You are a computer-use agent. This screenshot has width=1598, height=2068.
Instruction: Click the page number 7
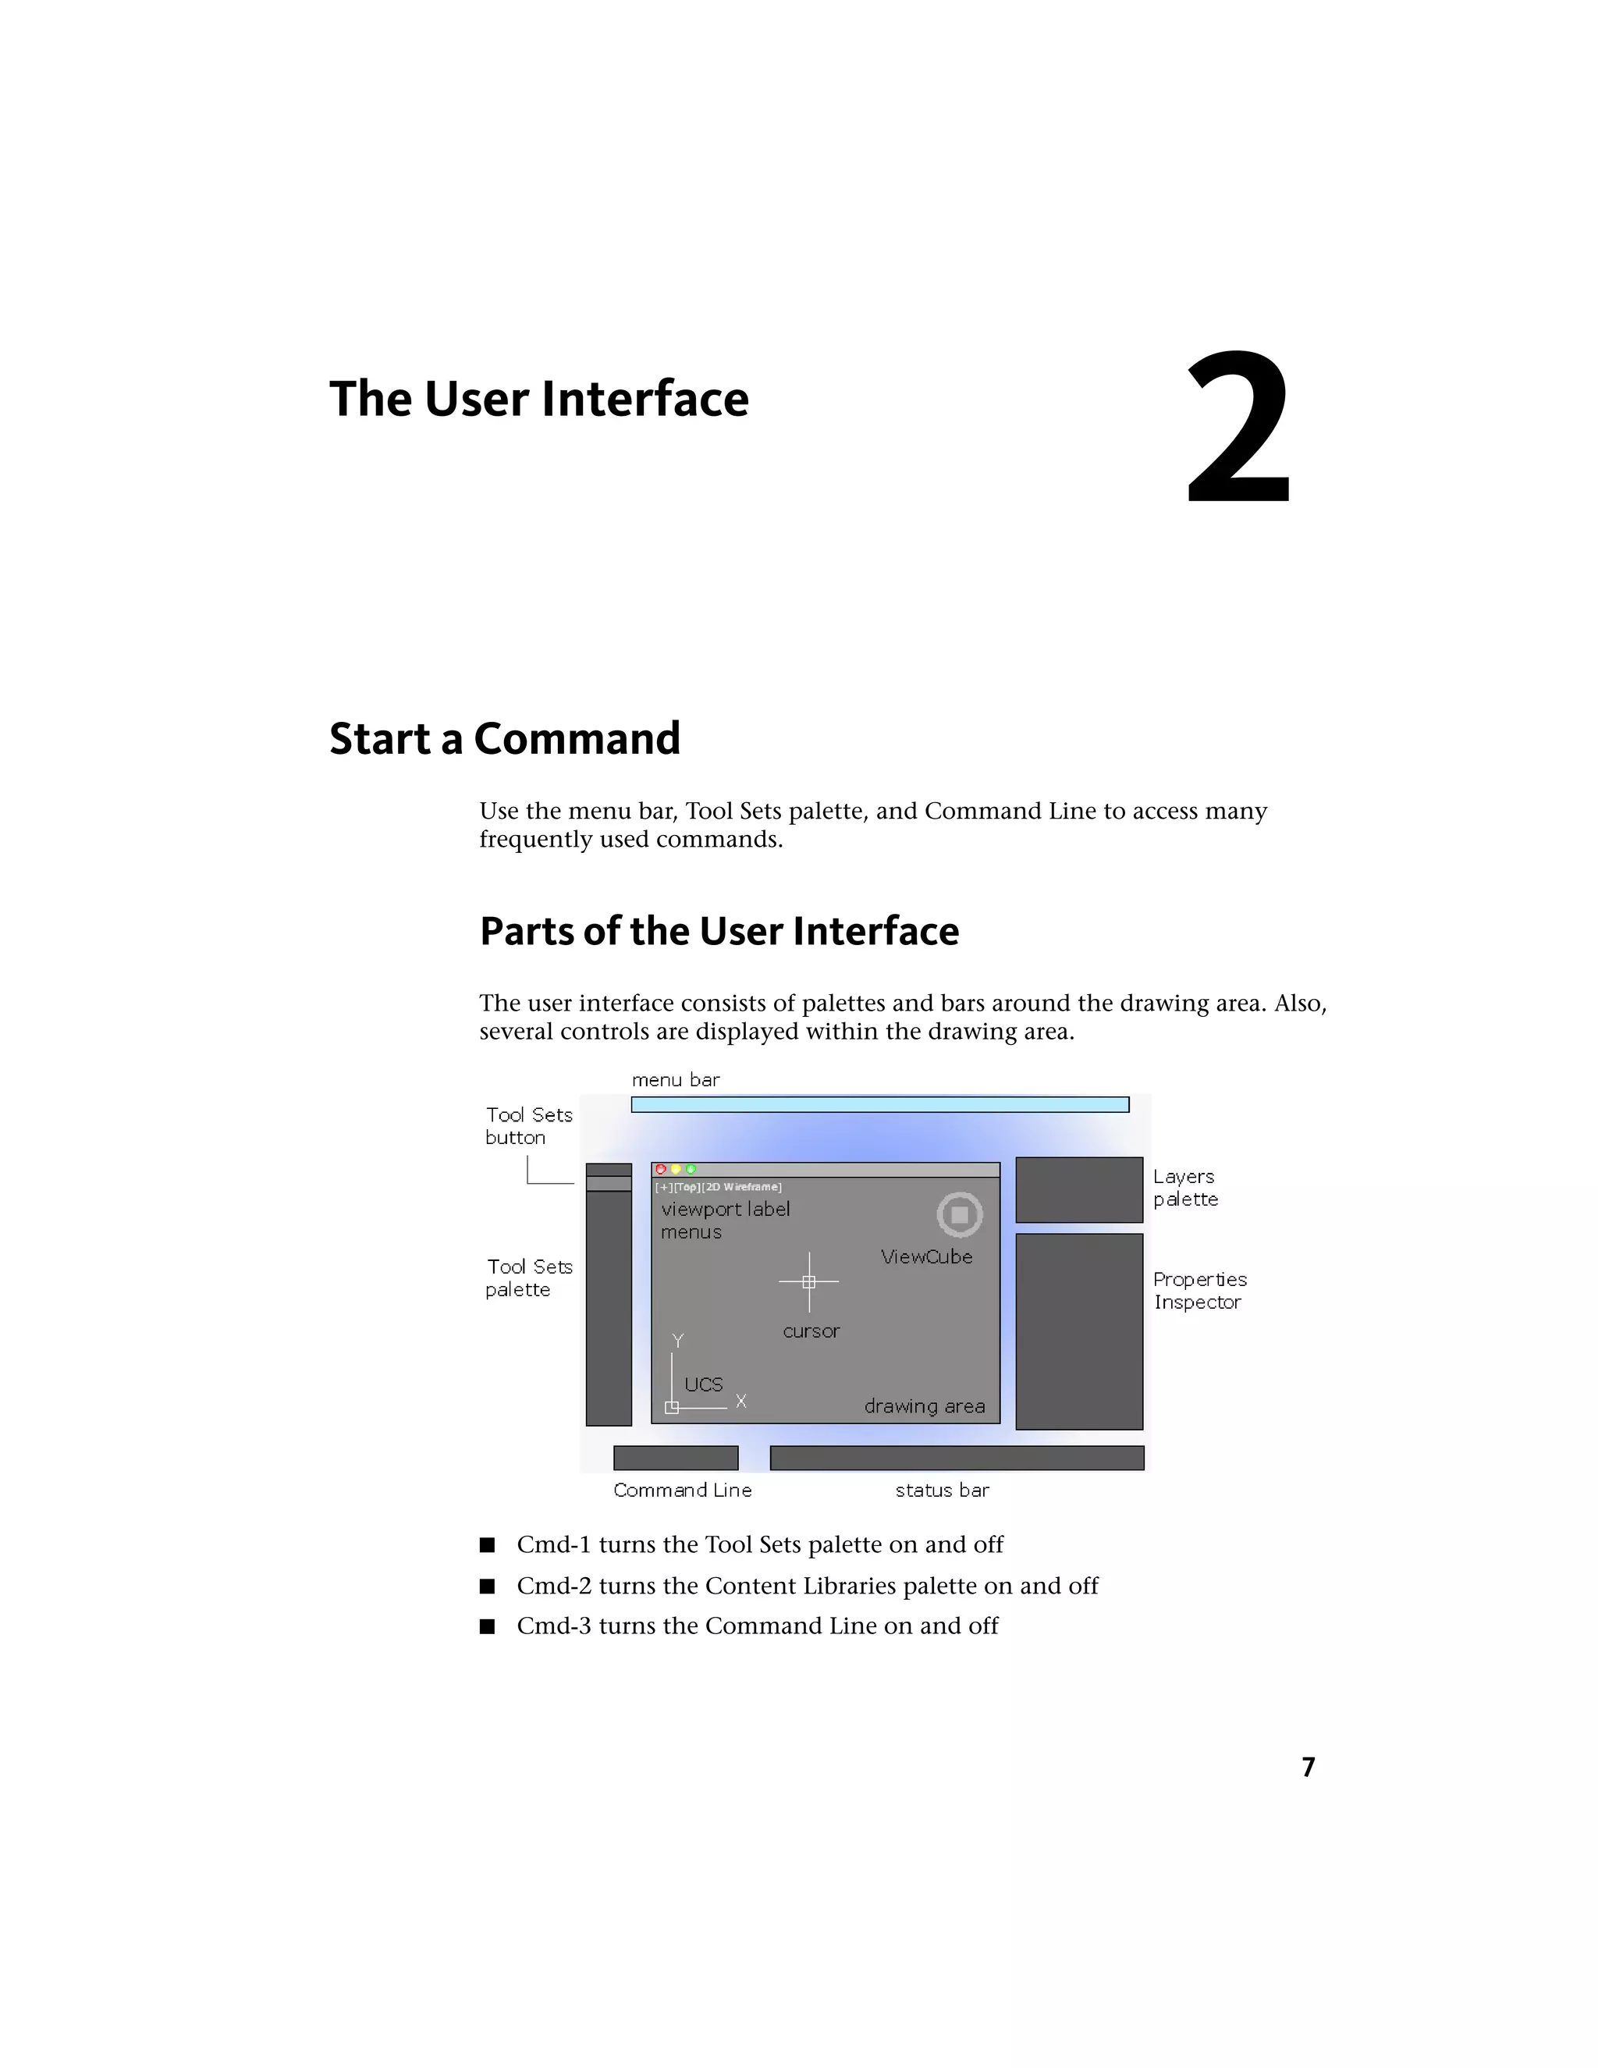click(1308, 1767)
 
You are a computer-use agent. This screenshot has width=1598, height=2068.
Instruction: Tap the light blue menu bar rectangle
click(879, 1104)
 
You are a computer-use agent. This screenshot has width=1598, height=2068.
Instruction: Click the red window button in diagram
click(661, 1170)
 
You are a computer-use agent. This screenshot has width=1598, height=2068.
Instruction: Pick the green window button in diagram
click(691, 1170)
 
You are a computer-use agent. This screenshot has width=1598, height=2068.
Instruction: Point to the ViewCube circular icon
click(959, 1214)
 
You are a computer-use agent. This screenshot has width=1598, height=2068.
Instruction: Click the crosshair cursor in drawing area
click(808, 1282)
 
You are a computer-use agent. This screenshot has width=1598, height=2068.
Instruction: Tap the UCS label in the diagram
click(703, 1384)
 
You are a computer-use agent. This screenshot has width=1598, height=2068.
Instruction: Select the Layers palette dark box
click(1078, 1189)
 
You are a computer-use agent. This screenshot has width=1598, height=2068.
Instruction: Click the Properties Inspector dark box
click(1078, 1331)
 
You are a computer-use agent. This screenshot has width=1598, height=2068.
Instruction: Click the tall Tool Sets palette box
click(608, 1306)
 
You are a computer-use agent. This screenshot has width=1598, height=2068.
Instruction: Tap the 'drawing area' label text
click(924, 1406)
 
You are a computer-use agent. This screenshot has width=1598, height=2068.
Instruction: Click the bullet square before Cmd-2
click(488, 1586)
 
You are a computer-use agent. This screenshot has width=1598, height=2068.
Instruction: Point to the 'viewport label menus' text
click(724, 1220)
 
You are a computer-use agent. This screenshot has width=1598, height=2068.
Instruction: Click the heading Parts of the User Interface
click(719, 931)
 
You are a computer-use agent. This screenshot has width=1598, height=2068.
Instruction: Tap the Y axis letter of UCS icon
click(678, 1341)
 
